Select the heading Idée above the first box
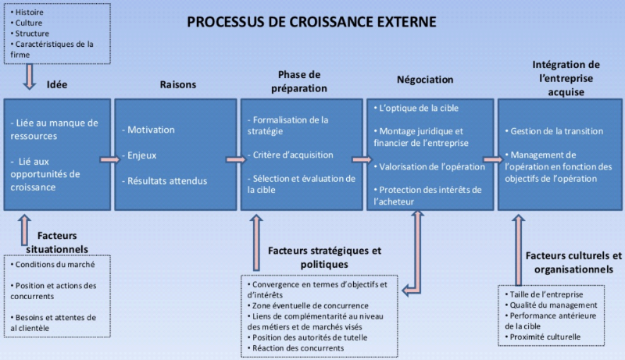click(57, 84)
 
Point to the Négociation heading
click(425, 80)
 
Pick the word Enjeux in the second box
click(143, 155)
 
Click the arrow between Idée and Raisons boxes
click(109, 159)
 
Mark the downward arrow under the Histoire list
click(30, 76)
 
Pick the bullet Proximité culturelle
click(545, 337)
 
